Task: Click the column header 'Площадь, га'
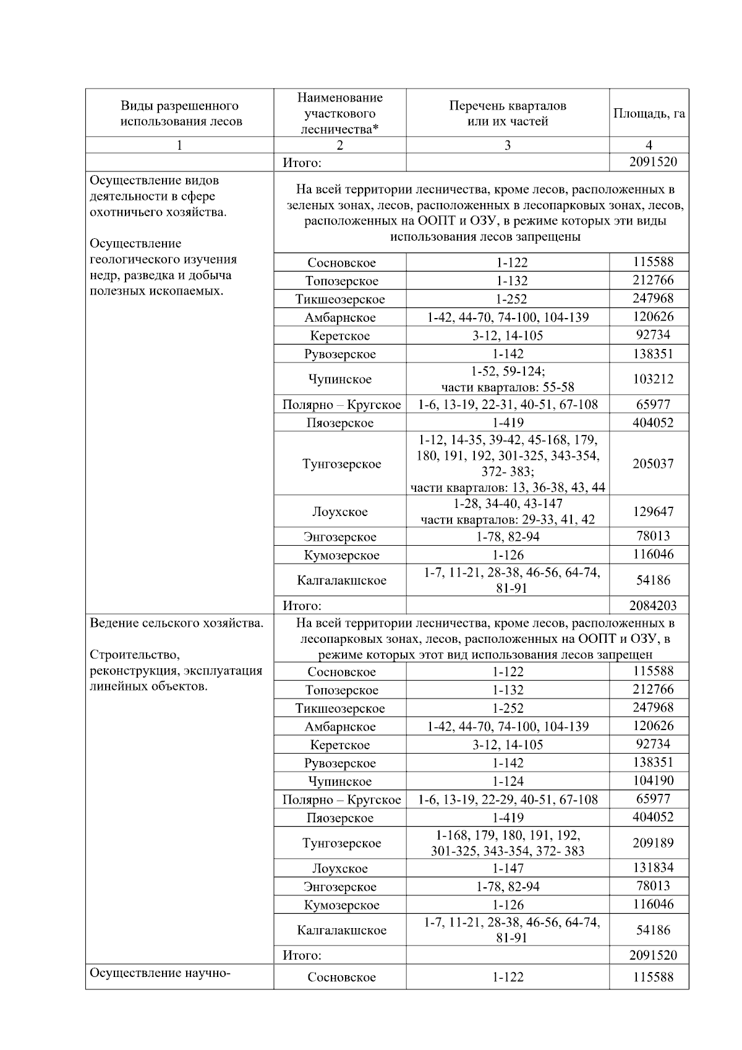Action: coord(649,114)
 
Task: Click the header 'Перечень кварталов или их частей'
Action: coord(508,114)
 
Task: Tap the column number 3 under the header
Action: coord(508,145)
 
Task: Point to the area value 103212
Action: coord(652,379)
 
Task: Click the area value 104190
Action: coord(652,781)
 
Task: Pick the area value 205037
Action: coord(652,463)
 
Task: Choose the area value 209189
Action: coord(652,843)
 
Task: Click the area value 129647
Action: coord(652,512)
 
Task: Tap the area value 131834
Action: coord(652,868)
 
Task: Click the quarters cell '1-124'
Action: coord(508,781)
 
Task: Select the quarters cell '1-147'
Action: coord(508,869)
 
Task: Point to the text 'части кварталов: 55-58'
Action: coord(508,388)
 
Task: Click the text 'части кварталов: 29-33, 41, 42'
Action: coord(508,520)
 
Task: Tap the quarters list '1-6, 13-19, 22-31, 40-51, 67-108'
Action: coord(508,405)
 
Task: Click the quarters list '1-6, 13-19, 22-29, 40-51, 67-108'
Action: coord(508,800)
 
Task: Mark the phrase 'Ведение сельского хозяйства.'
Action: coord(177,623)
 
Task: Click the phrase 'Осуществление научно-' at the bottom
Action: coord(160,973)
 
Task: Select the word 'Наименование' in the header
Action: coord(339,98)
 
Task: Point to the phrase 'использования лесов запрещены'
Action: coord(485,237)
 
